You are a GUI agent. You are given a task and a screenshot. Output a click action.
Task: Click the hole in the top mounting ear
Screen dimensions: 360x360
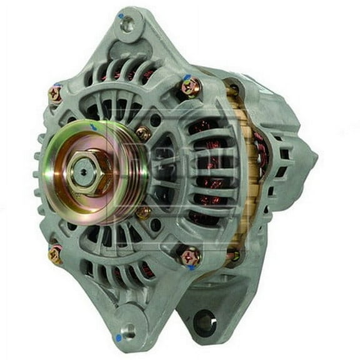127,25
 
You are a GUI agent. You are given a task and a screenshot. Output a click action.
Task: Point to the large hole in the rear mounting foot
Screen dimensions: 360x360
204,322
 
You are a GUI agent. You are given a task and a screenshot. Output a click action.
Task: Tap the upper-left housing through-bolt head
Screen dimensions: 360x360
56,94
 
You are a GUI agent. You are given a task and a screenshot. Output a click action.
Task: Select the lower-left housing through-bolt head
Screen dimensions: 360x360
55,253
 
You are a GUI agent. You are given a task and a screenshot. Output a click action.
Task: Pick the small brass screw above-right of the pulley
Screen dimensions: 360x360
143,133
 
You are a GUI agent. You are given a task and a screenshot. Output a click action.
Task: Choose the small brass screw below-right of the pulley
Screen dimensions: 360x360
143,212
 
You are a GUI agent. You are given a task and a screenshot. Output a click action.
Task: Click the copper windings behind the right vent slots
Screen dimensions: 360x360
206,169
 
